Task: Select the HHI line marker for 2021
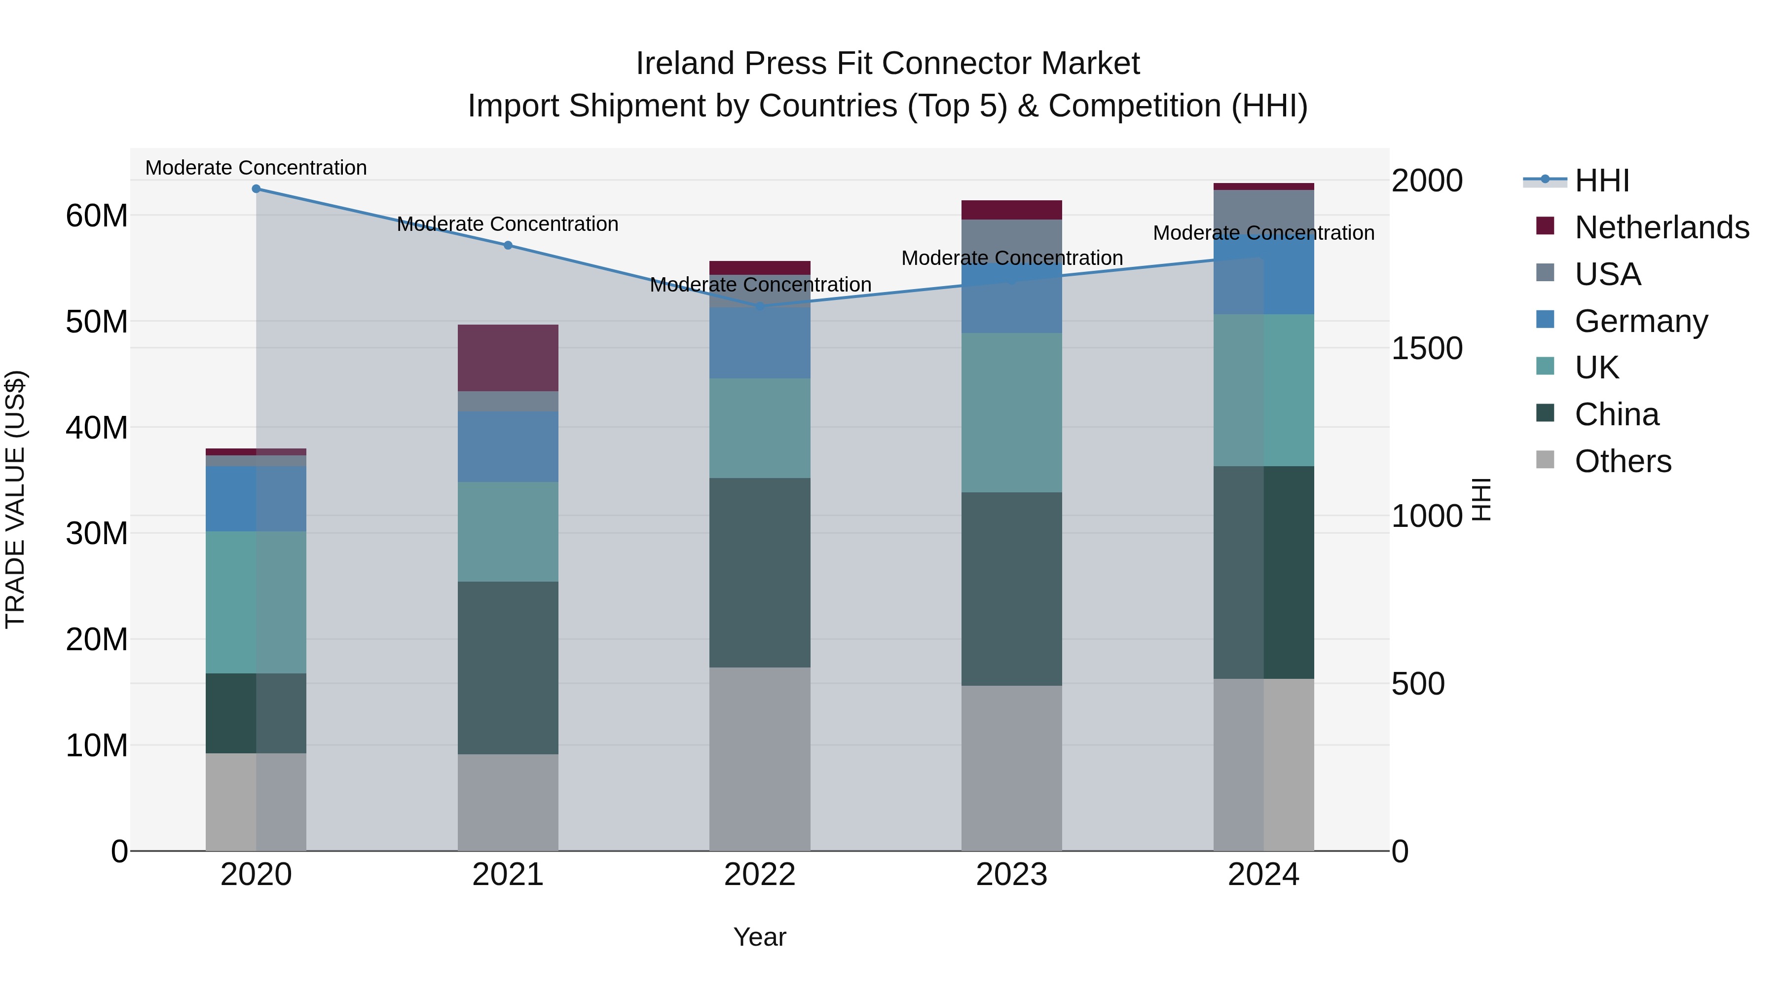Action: tap(508, 245)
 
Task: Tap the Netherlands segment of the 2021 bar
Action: tap(508, 358)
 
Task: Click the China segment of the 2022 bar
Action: tap(760, 572)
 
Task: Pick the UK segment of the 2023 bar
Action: tap(1011, 412)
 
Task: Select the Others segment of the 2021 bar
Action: tap(508, 802)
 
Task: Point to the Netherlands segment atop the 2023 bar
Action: tap(1011, 210)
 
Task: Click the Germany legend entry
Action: tap(1641, 321)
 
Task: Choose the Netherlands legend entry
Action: tap(1662, 227)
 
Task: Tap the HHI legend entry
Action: tap(1601, 181)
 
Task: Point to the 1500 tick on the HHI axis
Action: tap(1426, 348)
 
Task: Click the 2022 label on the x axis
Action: tap(760, 875)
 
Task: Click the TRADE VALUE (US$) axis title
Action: tap(15, 499)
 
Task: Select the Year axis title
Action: tap(760, 937)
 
